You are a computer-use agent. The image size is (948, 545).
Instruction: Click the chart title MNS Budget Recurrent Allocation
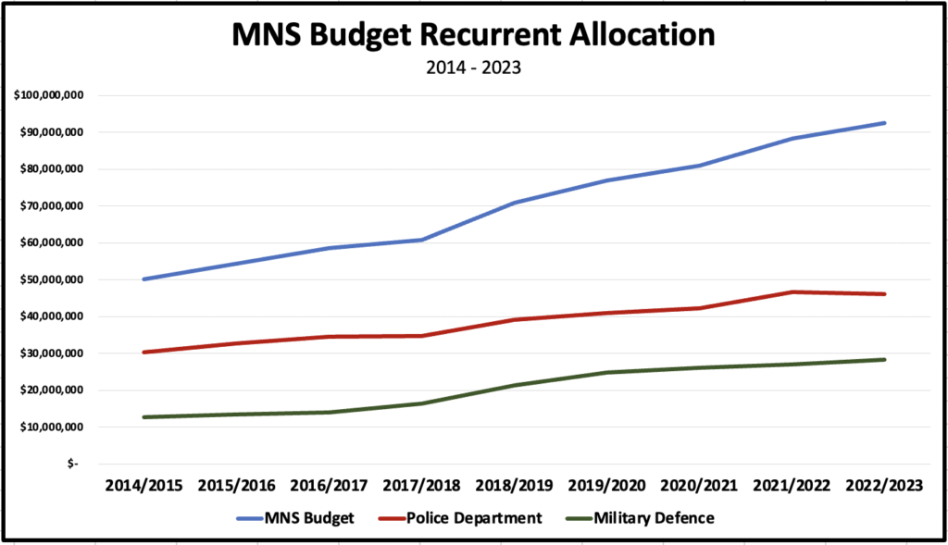[473, 35]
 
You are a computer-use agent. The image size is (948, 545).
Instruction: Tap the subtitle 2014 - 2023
[473, 68]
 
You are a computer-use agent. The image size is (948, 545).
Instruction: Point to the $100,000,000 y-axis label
[51, 95]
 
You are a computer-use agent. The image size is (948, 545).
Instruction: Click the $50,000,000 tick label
[54, 279]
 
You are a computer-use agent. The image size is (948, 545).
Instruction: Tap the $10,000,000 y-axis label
[54, 427]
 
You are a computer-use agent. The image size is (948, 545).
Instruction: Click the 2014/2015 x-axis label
[144, 485]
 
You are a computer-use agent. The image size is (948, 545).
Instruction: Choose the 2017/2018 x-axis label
[422, 485]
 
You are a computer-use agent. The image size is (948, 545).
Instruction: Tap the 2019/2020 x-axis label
[607, 485]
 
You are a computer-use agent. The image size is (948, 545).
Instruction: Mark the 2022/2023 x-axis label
[885, 485]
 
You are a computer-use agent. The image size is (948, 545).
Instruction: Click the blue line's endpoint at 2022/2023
[885, 123]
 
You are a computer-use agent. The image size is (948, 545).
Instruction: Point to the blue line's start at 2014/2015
[144, 279]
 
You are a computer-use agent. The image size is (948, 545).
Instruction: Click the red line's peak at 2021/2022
[792, 292]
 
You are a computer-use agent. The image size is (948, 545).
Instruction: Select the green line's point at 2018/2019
[515, 385]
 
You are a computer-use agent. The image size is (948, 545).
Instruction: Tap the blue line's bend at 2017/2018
[422, 240]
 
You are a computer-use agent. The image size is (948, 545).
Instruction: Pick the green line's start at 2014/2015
[144, 417]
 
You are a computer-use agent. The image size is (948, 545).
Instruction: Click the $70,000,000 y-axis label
[54, 205]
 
